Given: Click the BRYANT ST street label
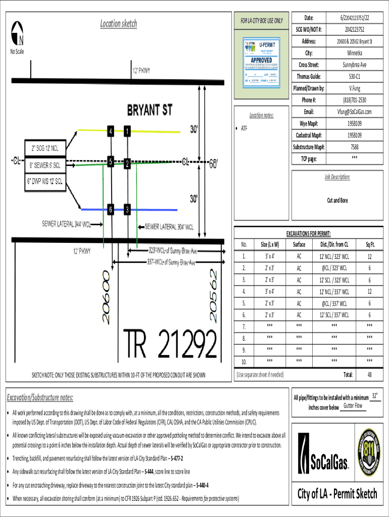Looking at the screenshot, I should [x=149, y=110].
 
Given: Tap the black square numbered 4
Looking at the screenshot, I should [x=110, y=132].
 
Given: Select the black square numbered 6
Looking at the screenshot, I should [x=110, y=210].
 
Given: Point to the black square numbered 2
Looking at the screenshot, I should [x=127, y=164].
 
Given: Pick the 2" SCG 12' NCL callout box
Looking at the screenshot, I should [x=45, y=148].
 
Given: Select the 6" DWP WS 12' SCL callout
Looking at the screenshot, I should [x=45, y=181].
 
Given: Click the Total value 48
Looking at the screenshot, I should [x=370, y=375].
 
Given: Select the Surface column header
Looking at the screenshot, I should [x=299, y=245].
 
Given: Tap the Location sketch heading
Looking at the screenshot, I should [x=118, y=23].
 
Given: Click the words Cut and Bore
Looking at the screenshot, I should [x=337, y=200].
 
